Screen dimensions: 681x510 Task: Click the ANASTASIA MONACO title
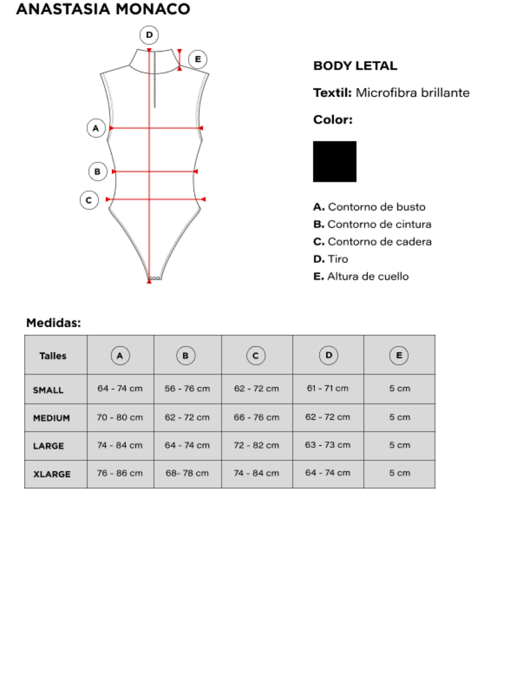tap(103, 9)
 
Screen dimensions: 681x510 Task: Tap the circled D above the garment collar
tap(149, 35)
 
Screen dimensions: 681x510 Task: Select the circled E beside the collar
tap(198, 59)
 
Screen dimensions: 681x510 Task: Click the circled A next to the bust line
tap(96, 128)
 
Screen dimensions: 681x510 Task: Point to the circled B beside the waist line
tap(98, 172)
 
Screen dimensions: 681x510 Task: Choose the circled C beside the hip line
tap(89, 200)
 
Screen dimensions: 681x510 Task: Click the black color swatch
tap(334, 162)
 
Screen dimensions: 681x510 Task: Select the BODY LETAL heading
tap(355, 66)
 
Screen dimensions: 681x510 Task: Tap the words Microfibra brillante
tap(412, 93)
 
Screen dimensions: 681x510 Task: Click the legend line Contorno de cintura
tap(372, 224)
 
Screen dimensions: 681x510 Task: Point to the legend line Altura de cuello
tap(361, 276)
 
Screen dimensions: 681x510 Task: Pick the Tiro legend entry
tap(331, 259)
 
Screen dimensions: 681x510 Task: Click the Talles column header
tap(53, 356)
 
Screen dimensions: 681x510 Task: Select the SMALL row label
tap(48, 390)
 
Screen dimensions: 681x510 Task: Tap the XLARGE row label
tap(52, 474)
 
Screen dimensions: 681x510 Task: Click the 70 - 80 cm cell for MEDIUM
tap(120, 417)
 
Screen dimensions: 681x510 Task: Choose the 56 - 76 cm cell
tap(187, 388)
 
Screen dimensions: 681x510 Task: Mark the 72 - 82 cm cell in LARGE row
tap(256, 445)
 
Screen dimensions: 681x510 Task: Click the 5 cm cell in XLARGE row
tap(399, 473)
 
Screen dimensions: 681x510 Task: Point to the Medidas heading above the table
tap(54, 323)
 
